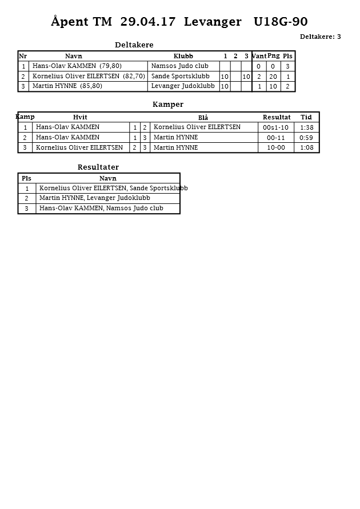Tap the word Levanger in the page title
pos(213,22)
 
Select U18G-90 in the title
pos(281,22)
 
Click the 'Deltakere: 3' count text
pos(320,37)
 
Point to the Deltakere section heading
pos(134,45)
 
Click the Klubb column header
pos(183,56)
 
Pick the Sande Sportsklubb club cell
pos(180,77)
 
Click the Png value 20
pos(273,77)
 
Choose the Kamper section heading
pos(168,105)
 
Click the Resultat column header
pos(277,117)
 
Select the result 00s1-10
pos(276,127)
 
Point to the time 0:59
pos(306,138)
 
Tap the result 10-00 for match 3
pos(276,148)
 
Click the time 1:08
pos(306,148)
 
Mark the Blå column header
pos(203,118)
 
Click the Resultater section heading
pos(98,167)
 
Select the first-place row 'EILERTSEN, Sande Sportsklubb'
pos(113,189)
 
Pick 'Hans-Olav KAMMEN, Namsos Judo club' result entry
pos(101,209)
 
